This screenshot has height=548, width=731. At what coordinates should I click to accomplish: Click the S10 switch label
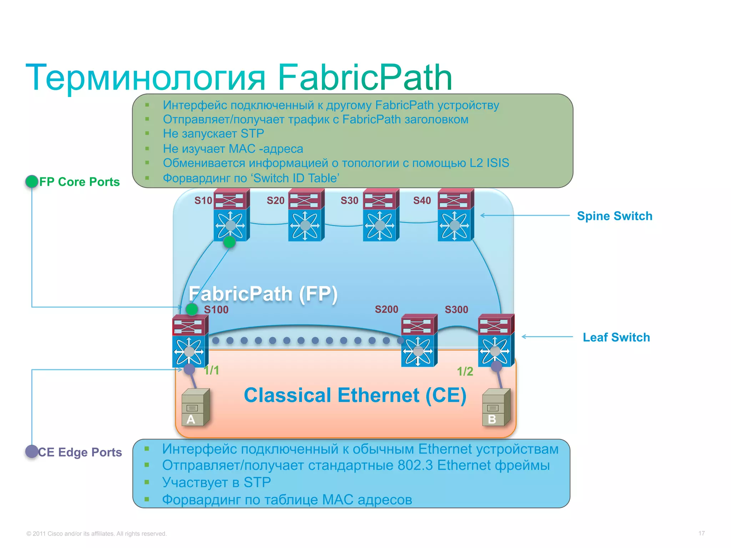(x=203, y=201)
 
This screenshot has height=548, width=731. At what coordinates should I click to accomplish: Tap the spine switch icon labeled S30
(x=380, y=215)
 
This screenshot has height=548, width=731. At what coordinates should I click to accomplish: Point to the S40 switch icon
(x=455, y=215)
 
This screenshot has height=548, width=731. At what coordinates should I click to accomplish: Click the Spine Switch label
(x=614, y=216)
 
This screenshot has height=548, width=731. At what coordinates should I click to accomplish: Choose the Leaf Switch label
(x=616, y=337)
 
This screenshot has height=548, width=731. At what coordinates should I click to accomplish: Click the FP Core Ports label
(x=79, y=182)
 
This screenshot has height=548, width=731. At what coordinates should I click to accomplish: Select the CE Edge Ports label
(x=80, y=452)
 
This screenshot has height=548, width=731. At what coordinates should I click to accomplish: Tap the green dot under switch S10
(x=230, y=242)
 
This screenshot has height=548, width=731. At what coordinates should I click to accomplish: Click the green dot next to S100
(x=192, y=309)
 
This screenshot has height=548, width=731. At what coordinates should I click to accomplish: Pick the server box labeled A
(x=195, y=407)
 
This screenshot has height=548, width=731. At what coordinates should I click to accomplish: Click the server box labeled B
(x=496, y=407)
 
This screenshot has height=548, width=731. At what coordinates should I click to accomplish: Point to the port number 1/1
(x=211, y=370)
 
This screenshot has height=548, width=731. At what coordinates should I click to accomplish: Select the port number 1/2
(x=465, y=371)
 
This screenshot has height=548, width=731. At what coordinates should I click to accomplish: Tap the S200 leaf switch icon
(x=419, y=341)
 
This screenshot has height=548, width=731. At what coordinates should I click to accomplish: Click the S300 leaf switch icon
(x=496, y=341)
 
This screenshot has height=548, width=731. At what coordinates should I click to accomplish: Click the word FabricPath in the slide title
(x=365, y=77)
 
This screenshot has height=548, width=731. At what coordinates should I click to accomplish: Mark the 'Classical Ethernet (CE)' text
(x=355, y=395)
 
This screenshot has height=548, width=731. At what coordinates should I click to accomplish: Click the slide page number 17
(x=701, y=533)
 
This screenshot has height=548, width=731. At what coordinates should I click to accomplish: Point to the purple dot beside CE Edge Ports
(x=32, y=451)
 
